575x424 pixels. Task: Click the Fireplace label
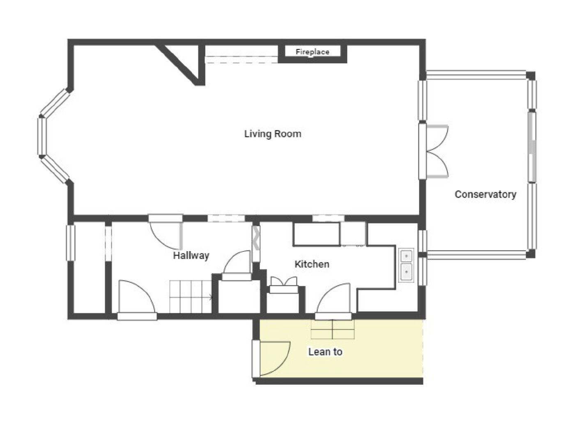(x=312, y=52)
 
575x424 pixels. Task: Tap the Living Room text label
(x=273, y=134)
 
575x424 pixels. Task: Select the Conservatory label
(x=485, y=194)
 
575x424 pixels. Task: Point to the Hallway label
(x=191, y=255)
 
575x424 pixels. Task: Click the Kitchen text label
(x=312, y=264)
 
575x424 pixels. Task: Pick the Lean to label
(x=325, y=352)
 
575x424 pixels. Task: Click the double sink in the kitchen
(x=406, y=264)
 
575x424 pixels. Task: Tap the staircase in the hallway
(x=191, y=296)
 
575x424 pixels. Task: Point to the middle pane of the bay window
(x=41, y=136)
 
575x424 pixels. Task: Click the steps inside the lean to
(x=333, y=329)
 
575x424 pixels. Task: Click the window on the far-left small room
(x=71, y=242)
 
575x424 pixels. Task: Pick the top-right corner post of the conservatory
(x=531, y=76)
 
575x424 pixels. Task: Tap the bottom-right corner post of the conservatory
(x=531, y=254)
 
